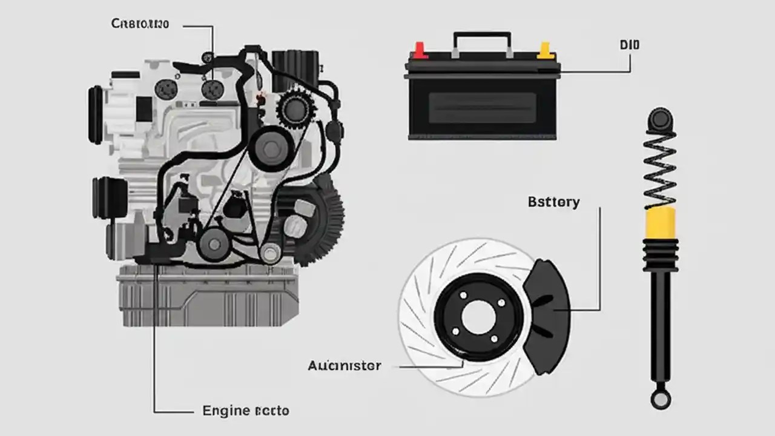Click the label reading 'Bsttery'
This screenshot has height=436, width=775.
pyautogui.click(x=553, y=202)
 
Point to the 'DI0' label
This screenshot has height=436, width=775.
pyautogui.click(x=630, y=45)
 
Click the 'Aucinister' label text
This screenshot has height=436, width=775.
pyautogui.click(x=344, y=366)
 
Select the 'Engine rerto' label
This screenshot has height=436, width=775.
pyautogui.click(x=245, y=411)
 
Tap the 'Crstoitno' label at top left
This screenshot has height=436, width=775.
pyautogui.click(x=140, y=24)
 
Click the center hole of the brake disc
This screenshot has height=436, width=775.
pyautogui.click(x=478, y=317)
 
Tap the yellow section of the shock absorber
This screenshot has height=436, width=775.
pyautogui.click(x=661, y=222)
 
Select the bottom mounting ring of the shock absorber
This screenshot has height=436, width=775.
pyautogui.click(x=660, y=398)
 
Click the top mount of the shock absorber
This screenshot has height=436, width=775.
pyautogui.click(x=660, y=119)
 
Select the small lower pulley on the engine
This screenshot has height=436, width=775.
pyautogui.click(x=213, y=244)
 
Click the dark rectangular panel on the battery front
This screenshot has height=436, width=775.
pyautogui.click(x=482, y=108)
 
